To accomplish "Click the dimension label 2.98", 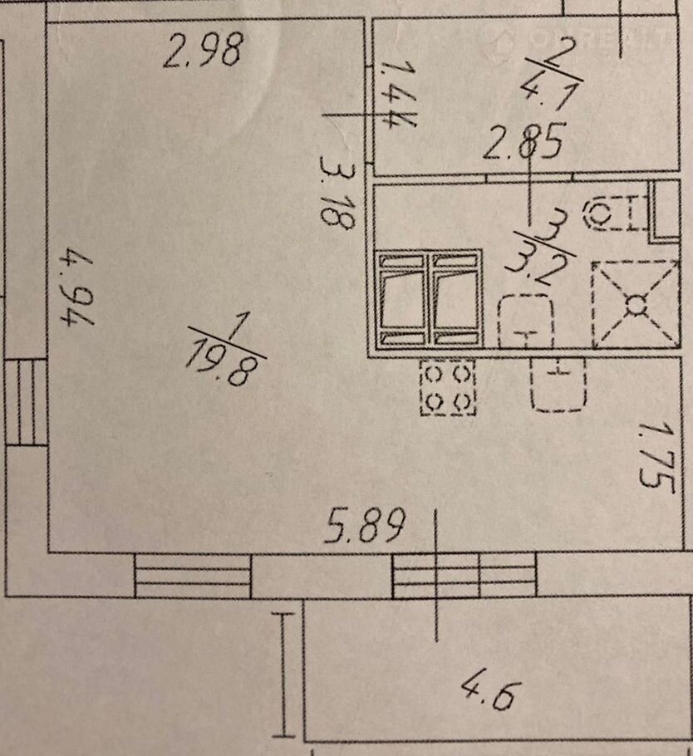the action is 202,49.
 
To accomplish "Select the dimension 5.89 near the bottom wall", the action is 365,527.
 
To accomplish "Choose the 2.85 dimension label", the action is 523,142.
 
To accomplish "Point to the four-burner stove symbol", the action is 448,388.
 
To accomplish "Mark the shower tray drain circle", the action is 636,305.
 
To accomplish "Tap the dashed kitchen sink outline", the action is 558,385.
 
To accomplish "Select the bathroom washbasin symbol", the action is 524,322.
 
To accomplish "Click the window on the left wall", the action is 26,402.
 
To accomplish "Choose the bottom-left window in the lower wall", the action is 193,577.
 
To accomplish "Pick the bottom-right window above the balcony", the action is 464,577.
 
